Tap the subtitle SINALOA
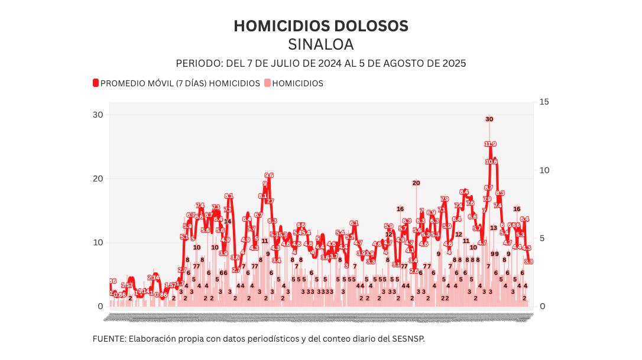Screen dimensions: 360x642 [320, 45]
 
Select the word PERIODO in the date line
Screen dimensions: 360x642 [199, 63]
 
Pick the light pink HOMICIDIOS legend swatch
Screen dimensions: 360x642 [267, 83]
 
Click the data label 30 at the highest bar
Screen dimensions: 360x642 [489, 119]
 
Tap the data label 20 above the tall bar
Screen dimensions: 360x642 [416, 183]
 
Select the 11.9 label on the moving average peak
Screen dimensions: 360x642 [490, 144]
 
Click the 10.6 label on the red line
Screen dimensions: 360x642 [491, 161]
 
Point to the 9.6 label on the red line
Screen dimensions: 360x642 [269, 175]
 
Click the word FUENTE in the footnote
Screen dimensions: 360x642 [108, 339]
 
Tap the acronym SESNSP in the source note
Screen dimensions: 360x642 [407, 339]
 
